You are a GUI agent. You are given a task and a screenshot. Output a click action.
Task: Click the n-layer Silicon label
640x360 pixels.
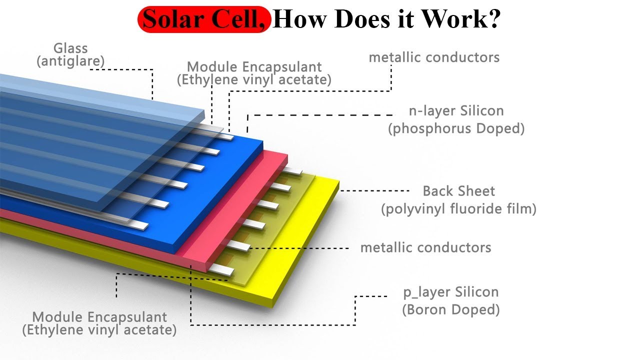(456, 110)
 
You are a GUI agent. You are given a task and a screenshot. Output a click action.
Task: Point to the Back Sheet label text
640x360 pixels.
(458, 191)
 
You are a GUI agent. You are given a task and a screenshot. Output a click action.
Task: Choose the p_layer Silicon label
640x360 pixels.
(451, 292)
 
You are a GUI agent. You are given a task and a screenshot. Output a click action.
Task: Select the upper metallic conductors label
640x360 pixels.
(434, 57)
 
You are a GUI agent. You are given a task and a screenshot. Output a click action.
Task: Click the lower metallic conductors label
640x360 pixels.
(425, 247)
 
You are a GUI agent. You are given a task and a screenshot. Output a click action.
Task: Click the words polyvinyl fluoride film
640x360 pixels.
(458, 208)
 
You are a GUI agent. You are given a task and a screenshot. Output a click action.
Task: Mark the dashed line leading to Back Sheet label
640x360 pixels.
(375, 191)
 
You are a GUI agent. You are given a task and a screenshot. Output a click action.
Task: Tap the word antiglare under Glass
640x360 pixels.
(70, 61)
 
